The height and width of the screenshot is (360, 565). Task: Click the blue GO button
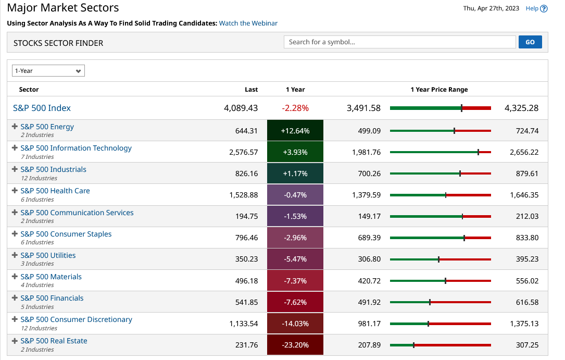click(530, 42)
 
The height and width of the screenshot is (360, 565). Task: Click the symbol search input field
click(399, 42)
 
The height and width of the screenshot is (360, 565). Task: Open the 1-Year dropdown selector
click(49, 71)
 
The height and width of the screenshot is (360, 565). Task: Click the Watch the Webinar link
click(248, 23)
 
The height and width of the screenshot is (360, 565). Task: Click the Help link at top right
click(536, 8)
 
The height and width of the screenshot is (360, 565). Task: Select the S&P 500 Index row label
click(42, 108)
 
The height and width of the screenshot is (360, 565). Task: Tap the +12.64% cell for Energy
click(295, 131)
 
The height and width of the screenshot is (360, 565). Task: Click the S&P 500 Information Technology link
click(76, 148)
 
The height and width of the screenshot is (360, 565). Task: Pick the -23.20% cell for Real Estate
click(295, 345)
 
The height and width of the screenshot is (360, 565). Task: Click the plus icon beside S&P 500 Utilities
click(15, 255)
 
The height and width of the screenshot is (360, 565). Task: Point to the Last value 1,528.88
click(243, 195)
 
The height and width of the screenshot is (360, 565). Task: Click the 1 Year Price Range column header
click(439, 90)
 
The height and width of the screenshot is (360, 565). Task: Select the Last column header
click(251, 90)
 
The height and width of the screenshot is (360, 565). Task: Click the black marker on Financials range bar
click(430, 302)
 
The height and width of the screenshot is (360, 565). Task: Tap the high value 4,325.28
click(521, 108)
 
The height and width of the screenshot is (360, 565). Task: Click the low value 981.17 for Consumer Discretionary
click(369, 324)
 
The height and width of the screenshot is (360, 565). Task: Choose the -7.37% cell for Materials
click(295, 281)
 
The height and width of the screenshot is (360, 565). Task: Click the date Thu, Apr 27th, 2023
click(491, 8)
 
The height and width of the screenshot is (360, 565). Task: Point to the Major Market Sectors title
click(63, 8)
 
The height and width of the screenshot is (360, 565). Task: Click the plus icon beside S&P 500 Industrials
click(15, 169)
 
